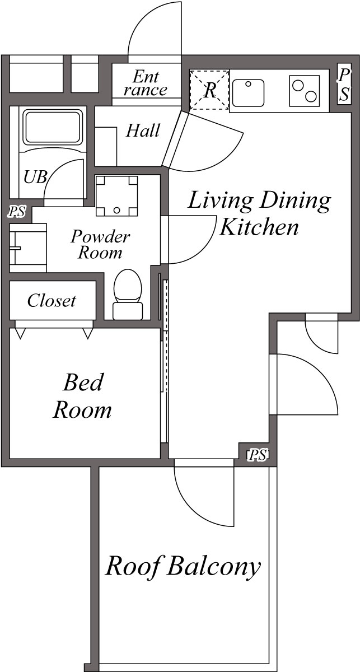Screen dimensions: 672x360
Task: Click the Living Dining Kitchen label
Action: [x=259, y=213]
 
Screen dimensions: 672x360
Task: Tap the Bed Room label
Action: [x=83, y=396]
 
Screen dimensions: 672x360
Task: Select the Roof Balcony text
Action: [x=183, y=566]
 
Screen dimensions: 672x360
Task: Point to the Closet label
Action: [x=52, y=301]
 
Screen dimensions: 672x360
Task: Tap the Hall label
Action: [x=143, y=131]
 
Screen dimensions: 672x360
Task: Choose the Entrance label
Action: [x=146, y=83]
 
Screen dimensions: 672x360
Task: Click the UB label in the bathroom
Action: [x=35, y=178]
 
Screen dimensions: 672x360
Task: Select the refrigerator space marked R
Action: [x=209, y=90]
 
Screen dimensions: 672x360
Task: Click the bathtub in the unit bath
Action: [x=52, y=127]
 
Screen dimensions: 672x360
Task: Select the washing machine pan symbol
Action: [x=116, y=195]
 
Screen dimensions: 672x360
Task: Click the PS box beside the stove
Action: [x=344, y=84]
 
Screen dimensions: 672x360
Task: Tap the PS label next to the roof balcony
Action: [x=257, y=455]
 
